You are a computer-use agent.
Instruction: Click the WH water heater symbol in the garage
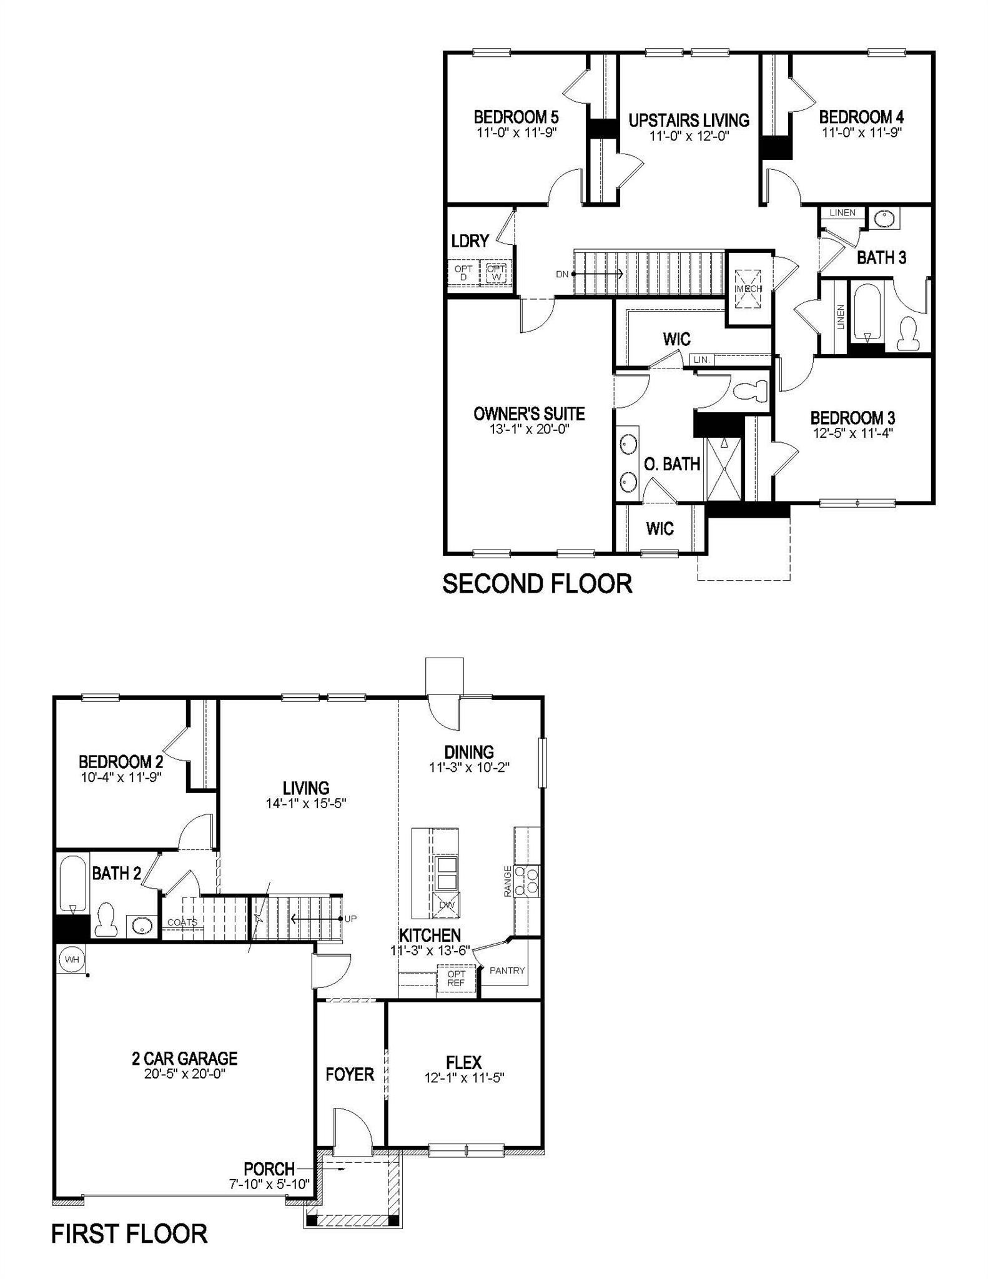point(72,960)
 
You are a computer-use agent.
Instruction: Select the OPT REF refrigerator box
point(456,978)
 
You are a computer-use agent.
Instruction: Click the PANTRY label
point(507,970)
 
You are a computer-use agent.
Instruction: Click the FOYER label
point(350,1074)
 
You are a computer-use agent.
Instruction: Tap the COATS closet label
point(182,922)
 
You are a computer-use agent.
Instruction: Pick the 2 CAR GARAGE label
point(184,1059)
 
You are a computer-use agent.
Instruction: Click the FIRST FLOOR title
point(129,1234)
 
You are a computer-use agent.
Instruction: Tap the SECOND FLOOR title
point(537,583)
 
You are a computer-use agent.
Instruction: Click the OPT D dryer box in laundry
point(463,272)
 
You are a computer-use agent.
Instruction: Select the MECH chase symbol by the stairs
point(748,289)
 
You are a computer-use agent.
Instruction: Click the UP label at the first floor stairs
point(350,919)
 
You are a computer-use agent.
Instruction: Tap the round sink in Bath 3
point(884,219)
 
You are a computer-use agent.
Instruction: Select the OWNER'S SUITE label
point(529,414)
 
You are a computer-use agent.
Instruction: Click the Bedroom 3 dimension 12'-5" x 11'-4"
point(853,433)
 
